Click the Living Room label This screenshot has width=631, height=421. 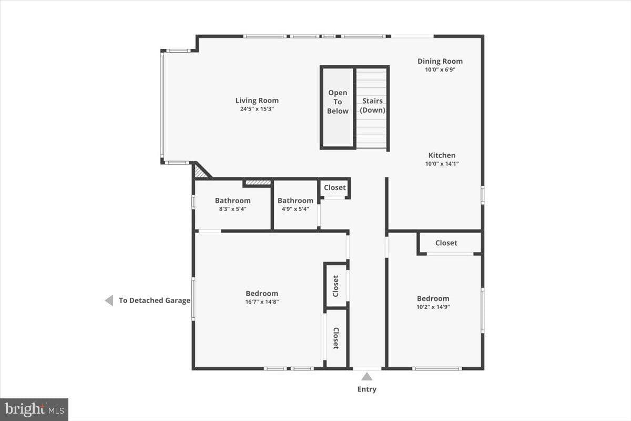click(x=257, y=101)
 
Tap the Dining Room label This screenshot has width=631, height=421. click(x=440, y=61)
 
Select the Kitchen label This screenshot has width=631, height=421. click(x=442, y=155)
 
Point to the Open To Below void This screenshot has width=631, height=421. click(x=338, y=107)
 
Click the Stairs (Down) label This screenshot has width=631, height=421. click(x=372, y=105)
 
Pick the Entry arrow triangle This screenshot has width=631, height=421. click(x=367, y=376)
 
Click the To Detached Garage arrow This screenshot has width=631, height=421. click(x=109, y=300)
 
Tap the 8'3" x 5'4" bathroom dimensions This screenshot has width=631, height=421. click(x=232, y=209)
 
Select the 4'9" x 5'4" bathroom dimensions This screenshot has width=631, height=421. click(x=296, y=209)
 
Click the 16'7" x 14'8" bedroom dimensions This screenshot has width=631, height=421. click(x=262, y=302)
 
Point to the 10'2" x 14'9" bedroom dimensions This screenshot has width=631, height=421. click(x=433, y=307)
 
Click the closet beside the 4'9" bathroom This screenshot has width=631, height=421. click(x=334, y=187)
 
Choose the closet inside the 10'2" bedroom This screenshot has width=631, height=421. click(x=446, y=243)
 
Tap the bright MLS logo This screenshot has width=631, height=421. click(x=34, y=409)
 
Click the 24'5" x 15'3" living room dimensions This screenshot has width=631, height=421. click(x=257, y=109)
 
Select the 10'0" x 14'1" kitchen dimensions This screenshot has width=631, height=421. click(x=442, y=164)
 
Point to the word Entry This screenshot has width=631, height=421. click(x=367, y=389)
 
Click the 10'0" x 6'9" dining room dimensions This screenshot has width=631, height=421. click(x=440, y=69)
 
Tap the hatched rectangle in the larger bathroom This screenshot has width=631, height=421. click(x=258, y=183)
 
